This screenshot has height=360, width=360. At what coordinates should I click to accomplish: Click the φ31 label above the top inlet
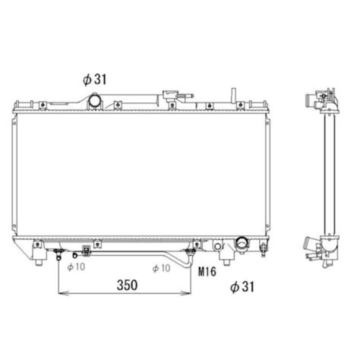[x=94, y=79]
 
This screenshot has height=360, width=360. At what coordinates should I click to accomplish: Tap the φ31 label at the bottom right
[x=242, y=287]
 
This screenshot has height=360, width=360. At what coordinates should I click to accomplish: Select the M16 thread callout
[x=207, y=271]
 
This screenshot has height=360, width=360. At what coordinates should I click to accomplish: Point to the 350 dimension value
[x=127, y=285]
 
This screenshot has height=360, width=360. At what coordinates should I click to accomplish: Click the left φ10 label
[x=76, y=267]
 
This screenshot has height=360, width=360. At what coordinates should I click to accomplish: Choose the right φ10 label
[x=161, y=268]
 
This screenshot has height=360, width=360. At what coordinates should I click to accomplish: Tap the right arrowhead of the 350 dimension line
[x=186, y=293]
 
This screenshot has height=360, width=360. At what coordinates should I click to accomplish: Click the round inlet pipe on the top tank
[x=94, y=100]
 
